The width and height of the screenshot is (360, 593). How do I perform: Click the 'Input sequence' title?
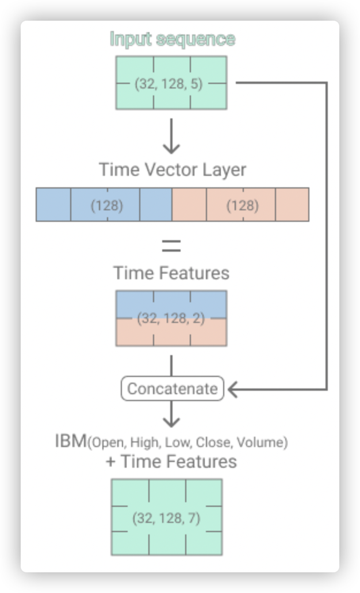point(173,39)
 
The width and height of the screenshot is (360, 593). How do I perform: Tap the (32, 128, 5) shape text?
point(169,83)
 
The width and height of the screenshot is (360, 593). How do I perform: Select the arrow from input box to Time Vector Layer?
point(171,136)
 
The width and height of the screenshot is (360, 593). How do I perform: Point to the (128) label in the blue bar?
point(107,205)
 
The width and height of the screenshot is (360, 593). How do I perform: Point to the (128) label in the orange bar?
point(243,205)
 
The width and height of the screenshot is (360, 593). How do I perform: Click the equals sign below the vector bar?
point(171,245)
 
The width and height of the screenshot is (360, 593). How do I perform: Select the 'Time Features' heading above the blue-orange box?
point(171,273)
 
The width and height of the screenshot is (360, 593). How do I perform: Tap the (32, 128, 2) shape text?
point(171,318)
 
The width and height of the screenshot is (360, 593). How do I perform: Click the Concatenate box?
point(173,388)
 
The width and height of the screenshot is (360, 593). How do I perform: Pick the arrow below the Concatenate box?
point(171,414)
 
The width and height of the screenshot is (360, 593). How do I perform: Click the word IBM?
point(71,441)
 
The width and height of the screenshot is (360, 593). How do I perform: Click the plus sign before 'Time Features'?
point(110,462)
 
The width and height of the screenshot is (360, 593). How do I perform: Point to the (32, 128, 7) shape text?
point(167,518)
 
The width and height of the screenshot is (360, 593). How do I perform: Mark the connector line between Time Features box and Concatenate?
point(171,365)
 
